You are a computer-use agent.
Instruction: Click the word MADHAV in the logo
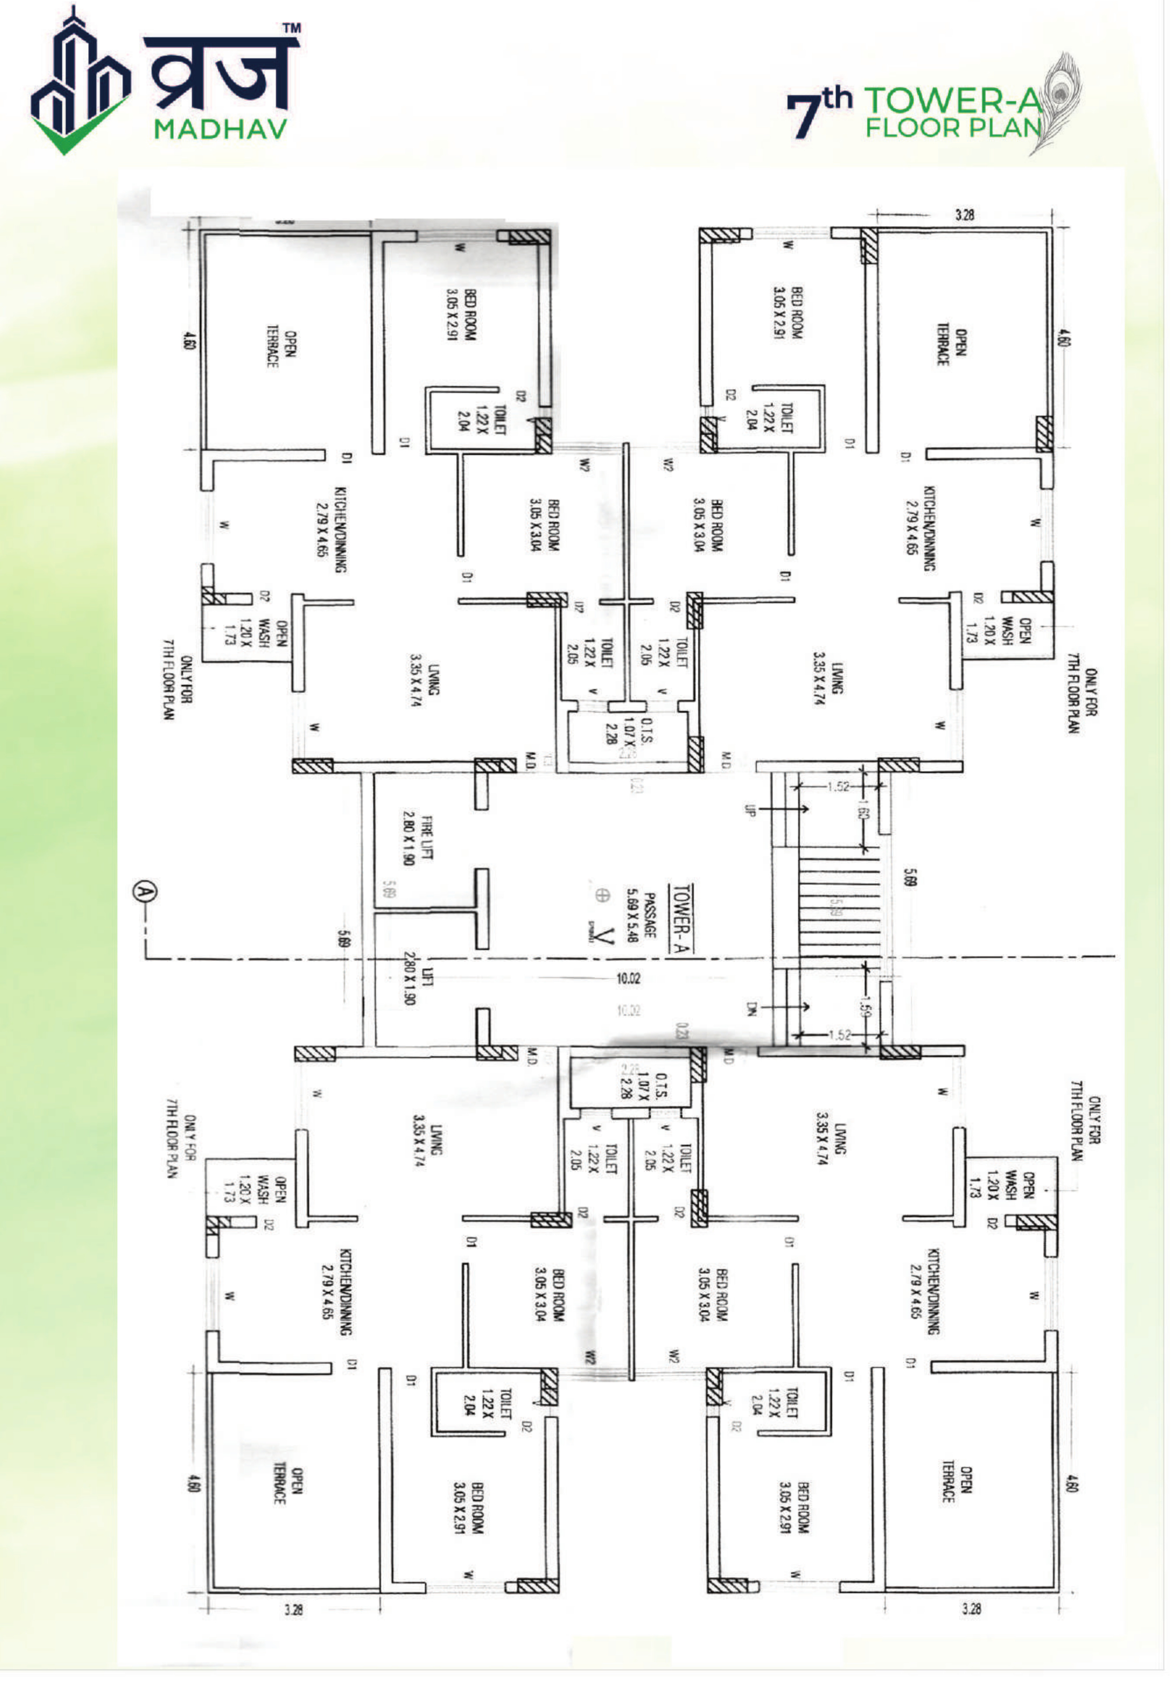(220, 130)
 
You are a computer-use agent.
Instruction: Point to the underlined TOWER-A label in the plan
(682, 917)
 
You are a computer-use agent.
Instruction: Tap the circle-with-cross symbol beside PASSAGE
(602, 895)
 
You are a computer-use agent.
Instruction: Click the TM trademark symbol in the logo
(292, 28)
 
